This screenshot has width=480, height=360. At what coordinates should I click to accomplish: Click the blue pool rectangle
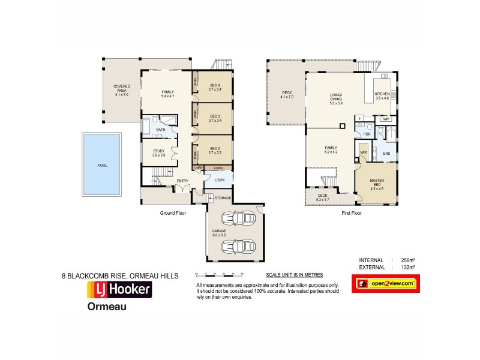coord(102,165)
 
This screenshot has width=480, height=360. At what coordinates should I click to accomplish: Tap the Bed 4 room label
coord(215,87)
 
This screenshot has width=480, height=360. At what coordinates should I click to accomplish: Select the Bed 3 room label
coord(215,118)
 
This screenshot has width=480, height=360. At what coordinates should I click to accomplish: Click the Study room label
coord(158,153)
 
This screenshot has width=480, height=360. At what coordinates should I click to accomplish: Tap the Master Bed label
coord(376,184)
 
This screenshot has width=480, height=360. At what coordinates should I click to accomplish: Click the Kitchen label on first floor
coord(382,96)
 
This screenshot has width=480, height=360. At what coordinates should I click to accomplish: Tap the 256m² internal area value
coord(409,260)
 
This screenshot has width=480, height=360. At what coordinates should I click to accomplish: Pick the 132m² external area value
coord(409,267)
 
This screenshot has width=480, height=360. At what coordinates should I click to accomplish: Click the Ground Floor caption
coord(173,212)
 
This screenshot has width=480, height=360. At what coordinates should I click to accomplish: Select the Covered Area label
coord(122,90)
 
